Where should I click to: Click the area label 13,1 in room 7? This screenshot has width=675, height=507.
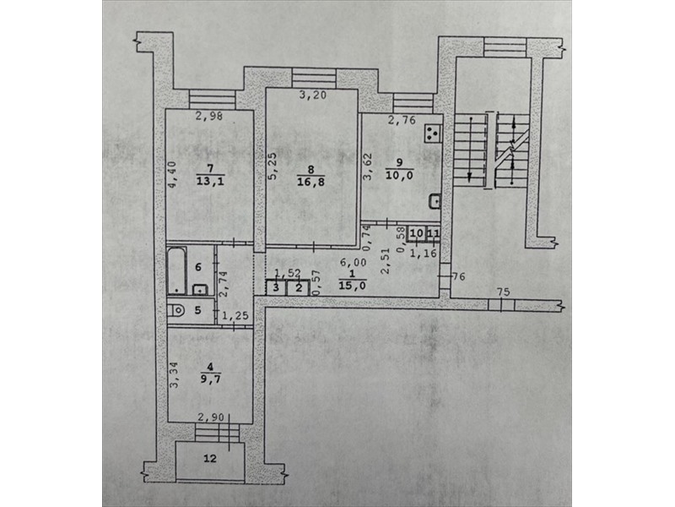(x=210, y=182)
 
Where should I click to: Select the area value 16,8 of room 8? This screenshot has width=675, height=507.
(x=310, y=182)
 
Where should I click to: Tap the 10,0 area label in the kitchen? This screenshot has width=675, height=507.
(x=399, y=175)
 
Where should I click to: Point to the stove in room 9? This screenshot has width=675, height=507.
(x=432, y=133)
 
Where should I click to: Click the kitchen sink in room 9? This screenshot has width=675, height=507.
(x=435, y=201)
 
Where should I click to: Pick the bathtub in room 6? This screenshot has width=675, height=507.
(x=176, y=270)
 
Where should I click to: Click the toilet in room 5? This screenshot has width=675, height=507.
(x=175, y=309)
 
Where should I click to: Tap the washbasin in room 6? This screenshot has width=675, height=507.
(x=200, y=289)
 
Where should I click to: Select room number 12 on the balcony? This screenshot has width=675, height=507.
(x=210, y=458)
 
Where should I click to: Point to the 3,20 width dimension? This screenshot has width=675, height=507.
(x=313, y=95)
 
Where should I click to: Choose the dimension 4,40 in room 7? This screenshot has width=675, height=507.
(x=172, y=174)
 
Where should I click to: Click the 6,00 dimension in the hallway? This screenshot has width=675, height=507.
(x=353, y=262)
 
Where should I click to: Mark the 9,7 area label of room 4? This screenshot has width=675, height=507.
(x=210, y=379)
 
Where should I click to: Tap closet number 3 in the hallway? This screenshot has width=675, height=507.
(x=276, y=287)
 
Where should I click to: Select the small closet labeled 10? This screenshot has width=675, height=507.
(x=416, y=233)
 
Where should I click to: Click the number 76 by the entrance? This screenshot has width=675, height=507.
(x=459, y=276)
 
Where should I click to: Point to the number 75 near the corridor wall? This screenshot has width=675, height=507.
(x=503, y=292)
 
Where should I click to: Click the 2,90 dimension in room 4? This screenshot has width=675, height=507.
(x=210, y=417)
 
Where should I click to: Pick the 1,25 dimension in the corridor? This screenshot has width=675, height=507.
(x=235, y=315)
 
